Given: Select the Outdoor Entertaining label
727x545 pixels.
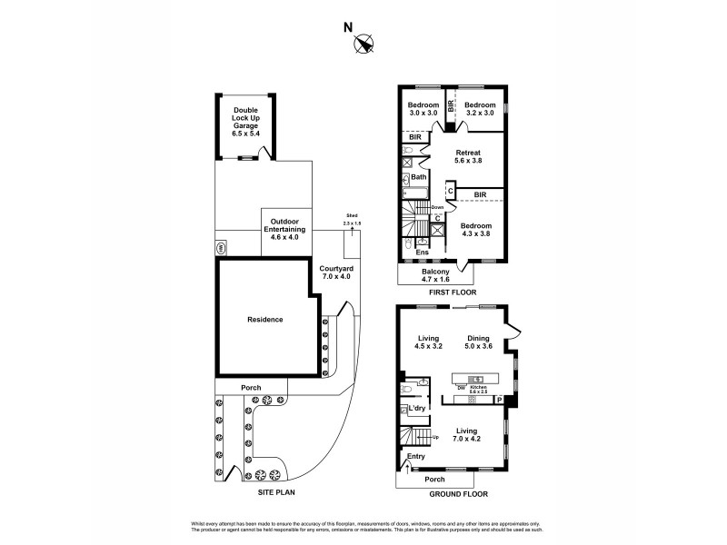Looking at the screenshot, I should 286,231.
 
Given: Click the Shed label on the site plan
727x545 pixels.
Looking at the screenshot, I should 352,219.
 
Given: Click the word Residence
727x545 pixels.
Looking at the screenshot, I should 264,319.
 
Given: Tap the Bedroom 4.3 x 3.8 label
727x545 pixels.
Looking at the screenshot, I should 475,230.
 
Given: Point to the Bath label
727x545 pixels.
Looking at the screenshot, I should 418,177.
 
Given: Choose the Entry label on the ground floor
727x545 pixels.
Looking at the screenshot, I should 415,457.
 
